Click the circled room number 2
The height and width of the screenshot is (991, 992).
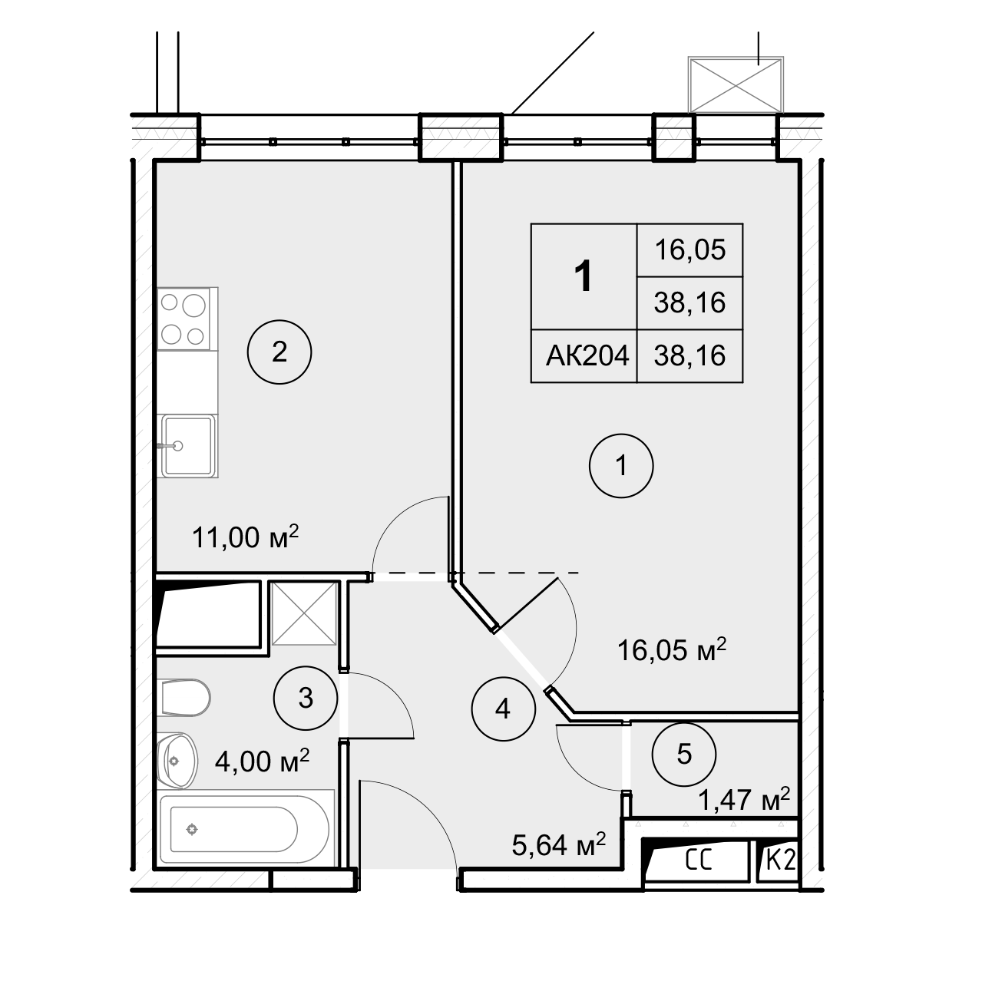point(279,352)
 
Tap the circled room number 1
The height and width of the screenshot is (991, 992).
point(621,466)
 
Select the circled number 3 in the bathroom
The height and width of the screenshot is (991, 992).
point(306,698)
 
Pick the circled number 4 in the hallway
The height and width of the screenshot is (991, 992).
point(503,709)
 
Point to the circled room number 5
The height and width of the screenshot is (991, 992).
point(683,755)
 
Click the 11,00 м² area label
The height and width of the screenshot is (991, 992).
point(245,537)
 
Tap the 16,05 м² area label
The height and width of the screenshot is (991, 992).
point(671,650)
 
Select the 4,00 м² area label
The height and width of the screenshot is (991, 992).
point(262,761)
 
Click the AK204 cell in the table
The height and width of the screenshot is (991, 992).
point(587,355)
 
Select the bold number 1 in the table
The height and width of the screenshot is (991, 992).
point(584,276)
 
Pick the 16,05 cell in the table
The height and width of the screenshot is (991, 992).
point(689,249)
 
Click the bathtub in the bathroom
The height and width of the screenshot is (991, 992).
point(244,829)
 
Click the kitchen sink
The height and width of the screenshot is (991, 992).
point(188,446)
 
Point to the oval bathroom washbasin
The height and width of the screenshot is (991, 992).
point(177,761)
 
